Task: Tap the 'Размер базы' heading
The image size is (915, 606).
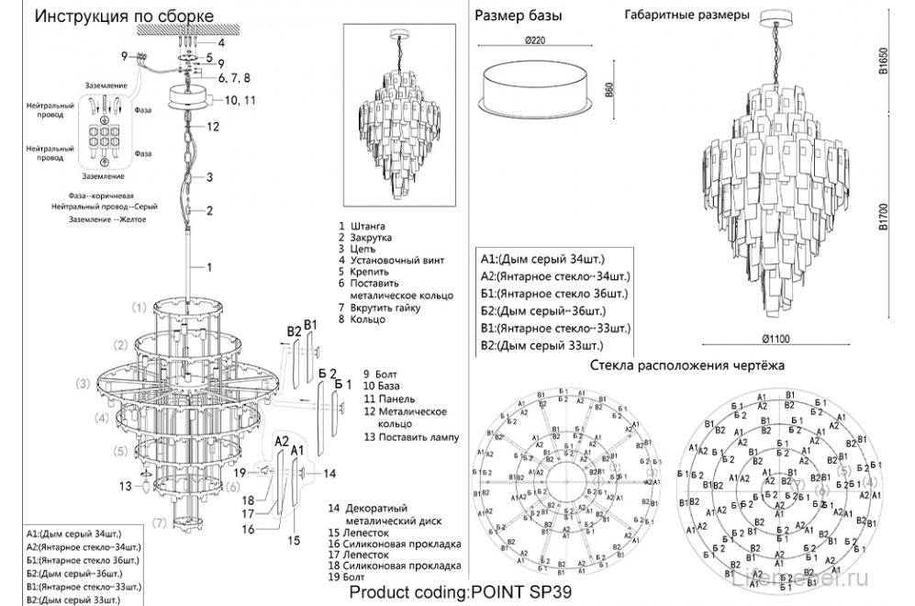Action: [519, 17]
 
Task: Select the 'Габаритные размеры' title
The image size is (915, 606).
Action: [686, 16]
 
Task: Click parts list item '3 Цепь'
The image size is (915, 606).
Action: [356, 248]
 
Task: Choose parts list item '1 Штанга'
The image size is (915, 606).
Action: [362, 225]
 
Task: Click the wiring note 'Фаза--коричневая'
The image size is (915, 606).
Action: [101, 196]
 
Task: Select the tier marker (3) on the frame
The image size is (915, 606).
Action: [83, 383]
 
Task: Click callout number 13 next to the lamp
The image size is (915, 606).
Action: [126, 485]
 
